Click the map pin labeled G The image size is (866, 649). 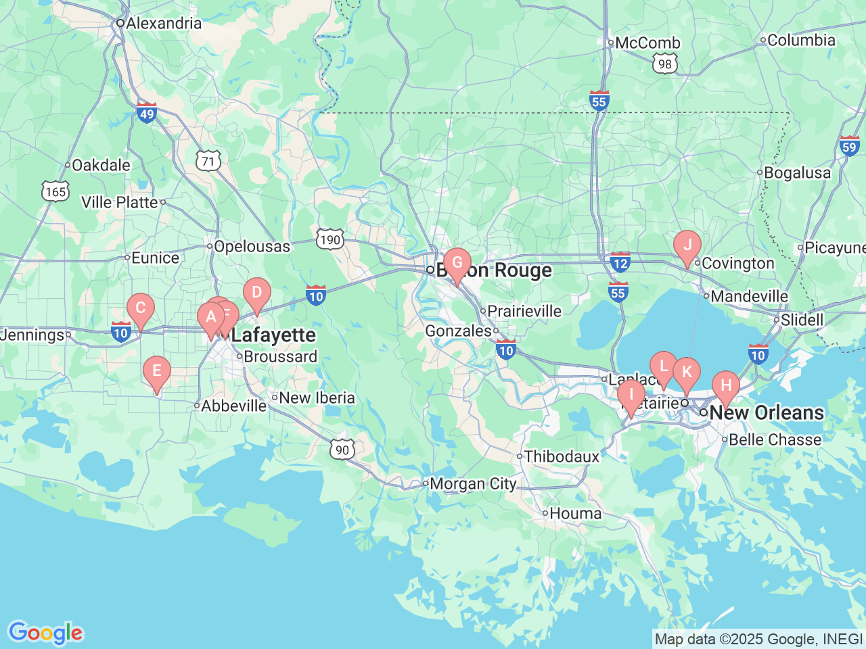[457, 264]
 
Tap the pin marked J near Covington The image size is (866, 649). [687, 245]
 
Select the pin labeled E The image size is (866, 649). [157, 371]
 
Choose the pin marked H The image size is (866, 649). [726, 386]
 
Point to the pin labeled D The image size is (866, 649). [257, 293]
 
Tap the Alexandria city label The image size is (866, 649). [163, 23]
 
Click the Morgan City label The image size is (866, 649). [473, 483]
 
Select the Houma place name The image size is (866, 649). [575, 513]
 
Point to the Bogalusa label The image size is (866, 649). [797, 173]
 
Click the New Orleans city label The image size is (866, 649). [767, 412]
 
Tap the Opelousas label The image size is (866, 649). [252, 247]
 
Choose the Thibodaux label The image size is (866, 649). [562, 456]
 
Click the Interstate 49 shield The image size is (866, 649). [147, 113]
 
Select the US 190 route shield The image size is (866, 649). [330, 239]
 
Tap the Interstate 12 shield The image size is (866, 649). [620, 262]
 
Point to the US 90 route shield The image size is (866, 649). [342, 450]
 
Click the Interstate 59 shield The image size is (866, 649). [849, 146]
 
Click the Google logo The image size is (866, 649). [45, 633]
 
